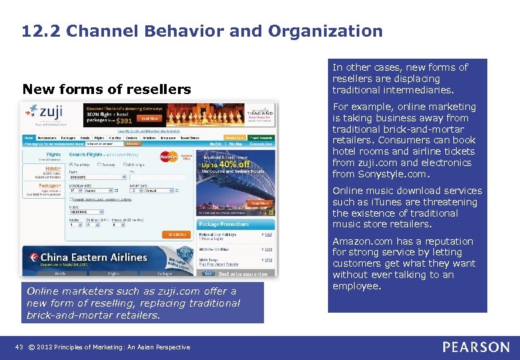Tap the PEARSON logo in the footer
pyautogui.click(x=475, y=347)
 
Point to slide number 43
pyautogui.click(x=19, y=347)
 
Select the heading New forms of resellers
pyautogui.click(x=107, y=89)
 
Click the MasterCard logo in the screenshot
pyautogui.click(x=170, y=157)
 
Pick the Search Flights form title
pyautogui.click(x=87, y=155)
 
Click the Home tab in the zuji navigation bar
pyautogui.click(x=29, y=139)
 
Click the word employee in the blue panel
pyautogui.click(x=357, y=286)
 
